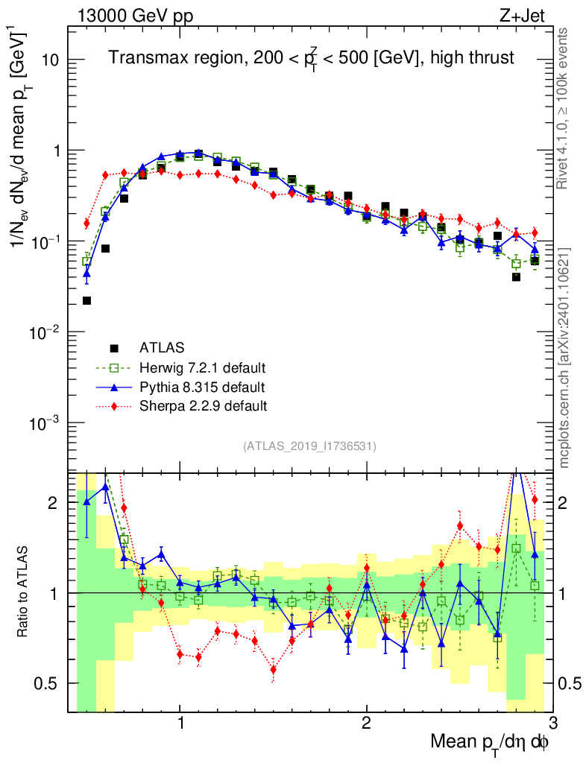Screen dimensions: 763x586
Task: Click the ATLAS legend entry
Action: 162,347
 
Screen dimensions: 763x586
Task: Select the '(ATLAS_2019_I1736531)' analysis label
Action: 309,446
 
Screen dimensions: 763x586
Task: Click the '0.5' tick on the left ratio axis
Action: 49,683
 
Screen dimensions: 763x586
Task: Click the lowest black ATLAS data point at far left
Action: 86,300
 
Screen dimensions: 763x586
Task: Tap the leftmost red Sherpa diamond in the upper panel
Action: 86,224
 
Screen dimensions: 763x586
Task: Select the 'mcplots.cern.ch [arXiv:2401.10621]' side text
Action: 564,357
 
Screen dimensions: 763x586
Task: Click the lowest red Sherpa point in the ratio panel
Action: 274,669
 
